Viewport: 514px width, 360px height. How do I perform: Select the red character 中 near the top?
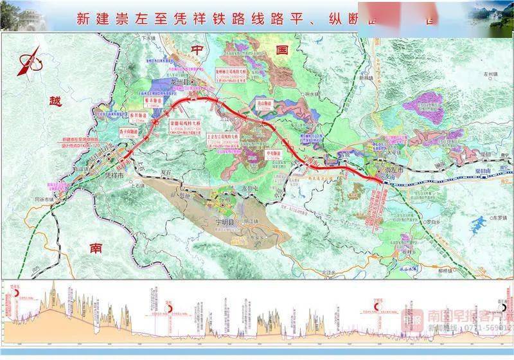pos(196,49)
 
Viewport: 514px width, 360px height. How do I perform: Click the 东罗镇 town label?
pos(490,217)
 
